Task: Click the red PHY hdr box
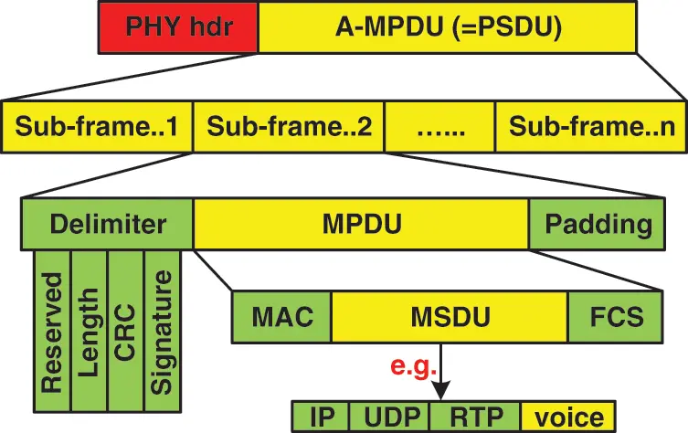178,27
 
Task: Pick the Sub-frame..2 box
288,125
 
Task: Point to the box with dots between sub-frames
439,125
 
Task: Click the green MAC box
282,318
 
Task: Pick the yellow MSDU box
450,318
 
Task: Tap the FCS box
605,318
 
